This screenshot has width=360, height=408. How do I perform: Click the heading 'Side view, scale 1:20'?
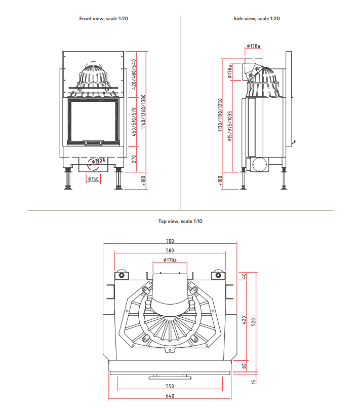pyautogui.click(x=257, y=19)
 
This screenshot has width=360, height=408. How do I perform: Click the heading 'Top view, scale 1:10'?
pyautogui.click(x=180, y=221)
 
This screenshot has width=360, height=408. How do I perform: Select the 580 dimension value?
pyautogui.click(x=170, y=250)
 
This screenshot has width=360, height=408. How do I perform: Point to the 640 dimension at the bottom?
pyautogui.click(x=170, y=396)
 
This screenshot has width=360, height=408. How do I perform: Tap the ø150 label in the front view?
pyautogui.click(x=93, y=179)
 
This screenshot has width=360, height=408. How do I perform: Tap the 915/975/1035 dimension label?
pyautogui.click(x=230, y=126)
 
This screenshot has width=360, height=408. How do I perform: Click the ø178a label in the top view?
pyautogui.click(x=170, y=260)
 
